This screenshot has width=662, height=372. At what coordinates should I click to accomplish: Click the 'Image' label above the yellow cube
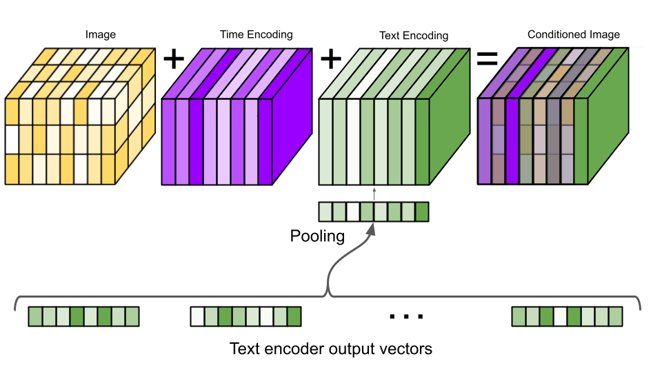point(101,34)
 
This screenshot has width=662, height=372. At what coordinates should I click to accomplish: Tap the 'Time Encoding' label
point(256,34)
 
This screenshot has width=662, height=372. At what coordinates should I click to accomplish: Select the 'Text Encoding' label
point(414,35)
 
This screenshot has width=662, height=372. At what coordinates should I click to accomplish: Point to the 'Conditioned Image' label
point(574,34)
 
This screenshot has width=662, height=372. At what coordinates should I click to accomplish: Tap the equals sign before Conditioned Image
point(488,59)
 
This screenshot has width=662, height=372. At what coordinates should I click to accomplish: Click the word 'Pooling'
point(317,236)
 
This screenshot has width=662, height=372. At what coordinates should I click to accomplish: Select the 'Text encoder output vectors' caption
point(331,349)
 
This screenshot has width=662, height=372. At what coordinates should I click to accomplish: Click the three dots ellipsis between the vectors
point(405,316)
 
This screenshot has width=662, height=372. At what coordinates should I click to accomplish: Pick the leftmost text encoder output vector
point(83,316)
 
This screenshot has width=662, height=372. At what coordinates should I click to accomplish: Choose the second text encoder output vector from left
point(245,316)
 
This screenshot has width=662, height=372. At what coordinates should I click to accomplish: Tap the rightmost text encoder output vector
point(567,316)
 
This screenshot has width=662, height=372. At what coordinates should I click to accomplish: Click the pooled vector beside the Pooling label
point(374,211)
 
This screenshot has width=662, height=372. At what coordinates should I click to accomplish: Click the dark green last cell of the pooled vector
point(422,211)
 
